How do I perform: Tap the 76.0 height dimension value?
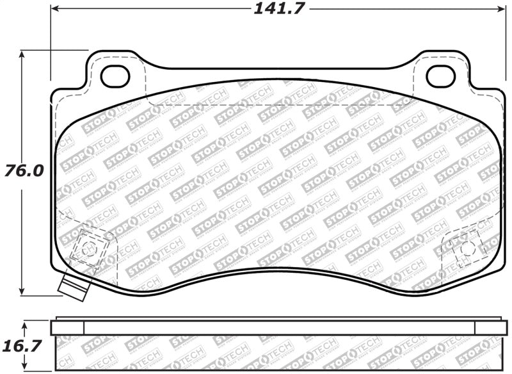pos(25,171)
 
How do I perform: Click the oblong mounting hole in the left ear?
pos(115,76)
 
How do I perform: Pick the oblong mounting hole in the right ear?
pos(440,76)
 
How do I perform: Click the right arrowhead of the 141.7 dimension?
pos(501,10)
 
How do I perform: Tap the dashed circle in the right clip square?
pos(465,246)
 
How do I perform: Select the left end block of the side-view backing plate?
pos(67,327)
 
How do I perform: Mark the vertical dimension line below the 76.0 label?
pos(22,237)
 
